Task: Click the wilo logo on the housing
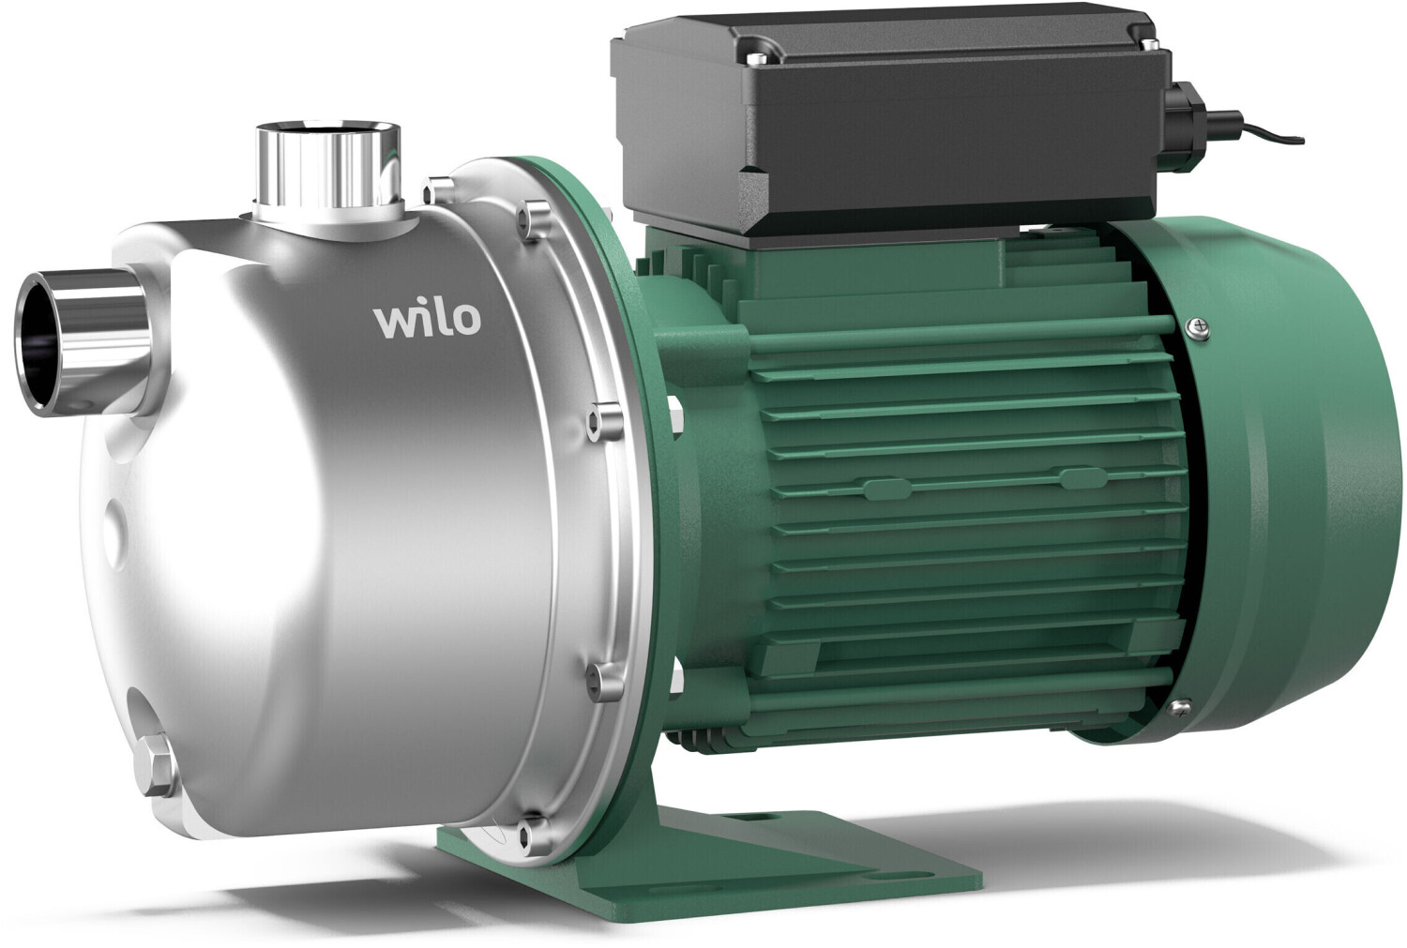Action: tap(428, 319)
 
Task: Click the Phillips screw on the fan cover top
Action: tap(1198, 327)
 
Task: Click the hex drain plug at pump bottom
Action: tap(155, 755)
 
